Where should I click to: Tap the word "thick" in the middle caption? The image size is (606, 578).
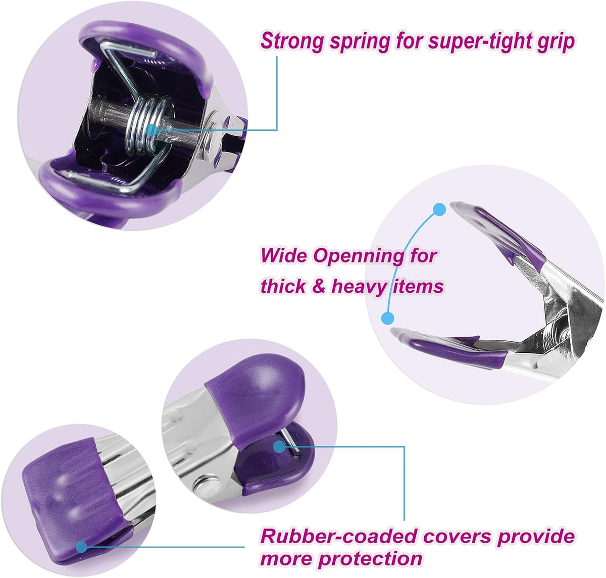283,286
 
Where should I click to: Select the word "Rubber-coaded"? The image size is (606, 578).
338,536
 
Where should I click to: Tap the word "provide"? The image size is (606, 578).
536,537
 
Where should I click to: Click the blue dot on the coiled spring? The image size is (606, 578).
151,131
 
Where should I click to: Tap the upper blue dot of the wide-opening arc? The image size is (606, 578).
439,209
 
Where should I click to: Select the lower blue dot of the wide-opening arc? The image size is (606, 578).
388,318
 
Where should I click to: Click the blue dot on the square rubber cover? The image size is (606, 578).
82,547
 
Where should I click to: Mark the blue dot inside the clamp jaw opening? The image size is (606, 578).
279,446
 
